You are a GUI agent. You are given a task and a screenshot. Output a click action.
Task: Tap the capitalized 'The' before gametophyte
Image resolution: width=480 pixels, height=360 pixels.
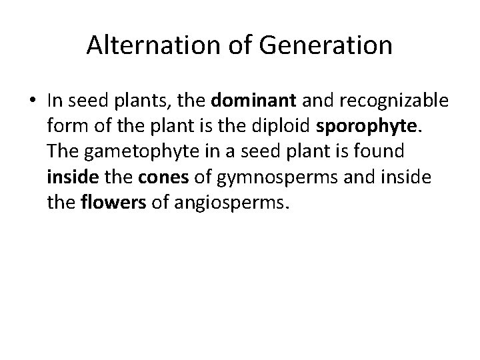click(x=62, y=151)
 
